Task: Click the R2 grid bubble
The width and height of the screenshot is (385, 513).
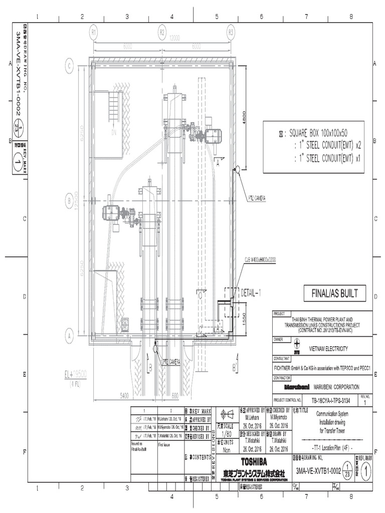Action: pos(162,32)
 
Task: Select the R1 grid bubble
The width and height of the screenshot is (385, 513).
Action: pos(93,32)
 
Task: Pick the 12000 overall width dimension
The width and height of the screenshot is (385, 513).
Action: pos(175,38)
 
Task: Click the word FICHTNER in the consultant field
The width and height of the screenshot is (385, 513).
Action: pos(285,367)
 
